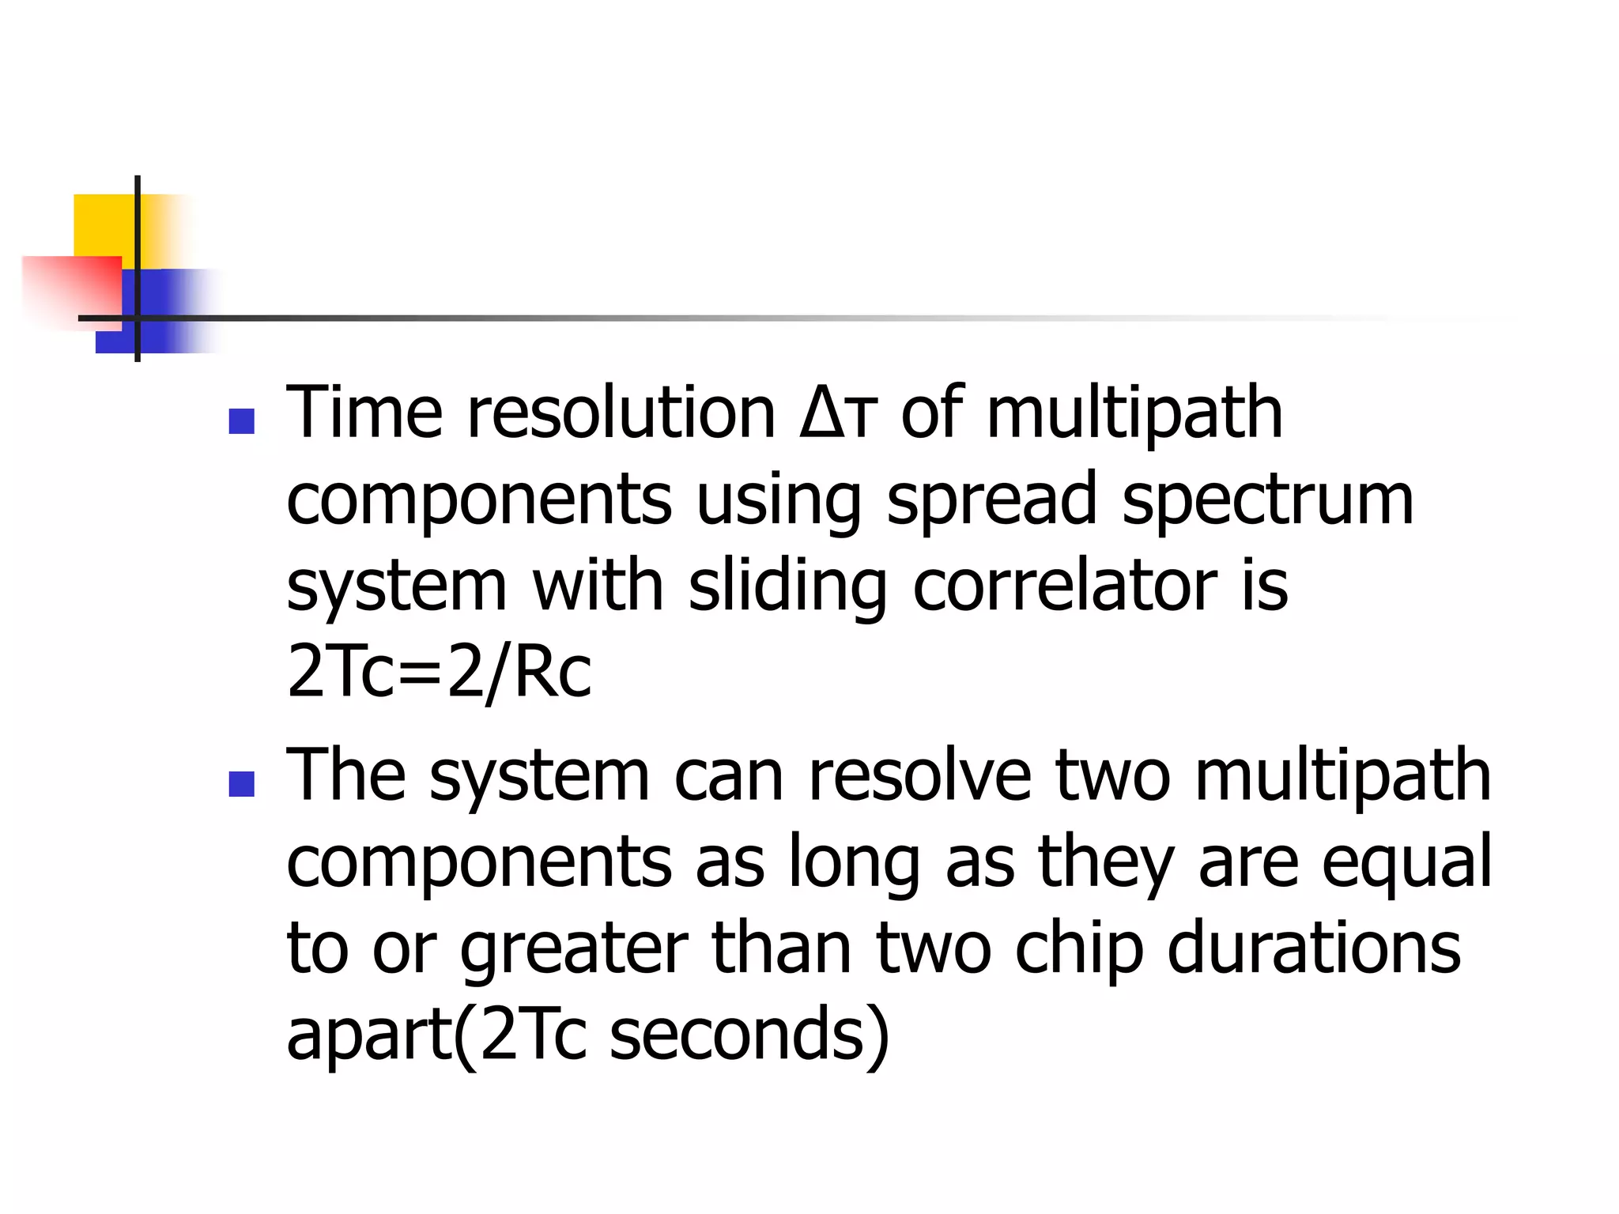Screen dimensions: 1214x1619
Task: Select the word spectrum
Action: point(1267,501)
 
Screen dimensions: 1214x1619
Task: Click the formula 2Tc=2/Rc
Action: point(439,673)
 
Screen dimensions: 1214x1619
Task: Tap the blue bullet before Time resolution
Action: point(241,421)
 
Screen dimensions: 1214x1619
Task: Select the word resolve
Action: point(919,776)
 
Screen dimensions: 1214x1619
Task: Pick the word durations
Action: point(1313,948)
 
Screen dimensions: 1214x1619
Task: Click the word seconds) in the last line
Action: point(749,1035)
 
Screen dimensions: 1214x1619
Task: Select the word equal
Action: point(1406,864)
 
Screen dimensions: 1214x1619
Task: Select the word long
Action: point(854,864)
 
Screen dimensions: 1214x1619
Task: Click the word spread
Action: point(991,501)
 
